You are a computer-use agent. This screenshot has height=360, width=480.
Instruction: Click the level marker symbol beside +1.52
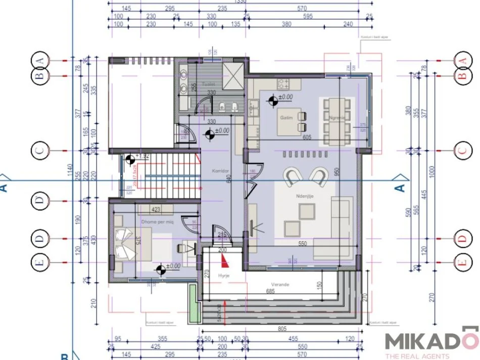[130, 159]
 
